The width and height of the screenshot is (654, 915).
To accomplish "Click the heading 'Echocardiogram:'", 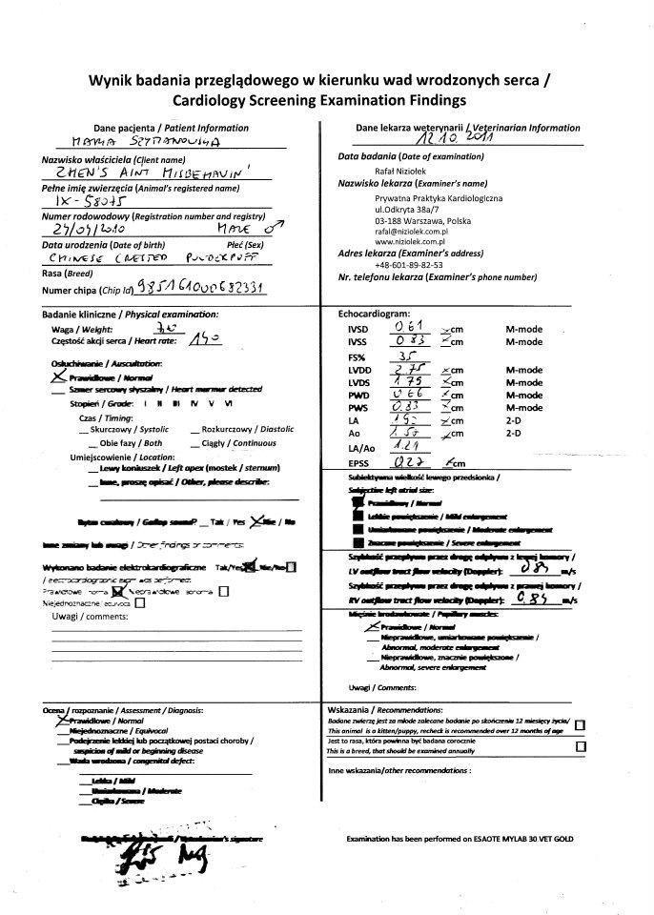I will [x=373, y=313].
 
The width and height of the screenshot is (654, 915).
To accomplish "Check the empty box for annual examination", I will [x=581, y=746].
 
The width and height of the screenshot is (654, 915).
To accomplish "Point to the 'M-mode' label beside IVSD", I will [x=523, y=329].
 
